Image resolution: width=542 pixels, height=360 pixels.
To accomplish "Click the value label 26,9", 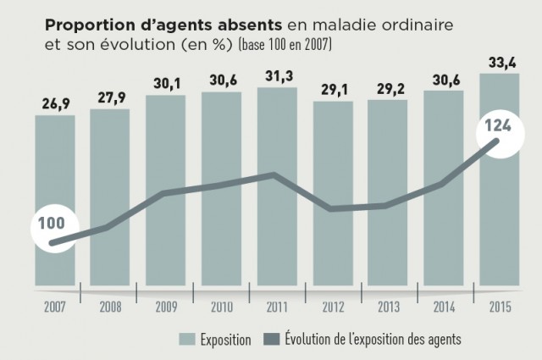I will [54, 105].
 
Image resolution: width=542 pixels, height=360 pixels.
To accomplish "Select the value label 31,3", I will [278, 77].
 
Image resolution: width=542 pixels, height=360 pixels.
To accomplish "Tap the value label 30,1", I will [166, 85].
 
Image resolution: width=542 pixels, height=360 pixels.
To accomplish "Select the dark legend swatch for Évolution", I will [274, 340].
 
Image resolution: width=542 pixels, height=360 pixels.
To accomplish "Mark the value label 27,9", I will [110, 98].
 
